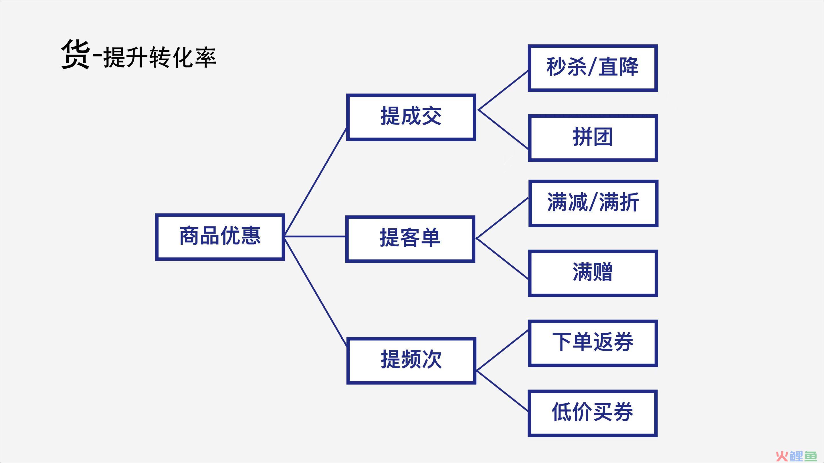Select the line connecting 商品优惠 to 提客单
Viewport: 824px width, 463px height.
(x=315, y=236)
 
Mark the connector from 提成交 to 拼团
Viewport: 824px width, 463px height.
(x=503, y=129)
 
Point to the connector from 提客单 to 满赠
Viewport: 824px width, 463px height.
(x=502, y=258)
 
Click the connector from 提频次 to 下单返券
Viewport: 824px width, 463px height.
(x=502, y=350)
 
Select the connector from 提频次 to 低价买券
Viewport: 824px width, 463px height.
(x=502, y=391)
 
